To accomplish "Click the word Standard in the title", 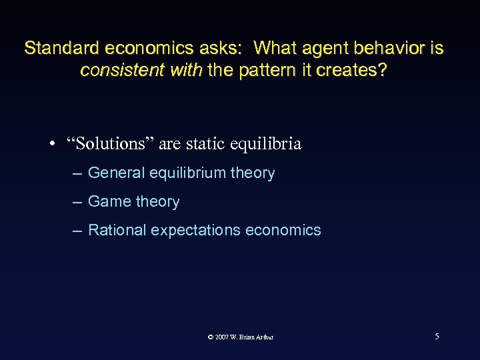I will (x=57, y=49).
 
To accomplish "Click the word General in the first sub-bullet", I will (x=116, y=173).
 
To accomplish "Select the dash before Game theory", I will (x=78, y=201).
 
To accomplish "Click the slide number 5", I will (x=437, y=336).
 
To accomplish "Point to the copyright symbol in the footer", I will (x=211, y=337).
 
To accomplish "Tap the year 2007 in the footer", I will (x=221, y=337).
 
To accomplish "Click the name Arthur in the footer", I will (x=263, y=337).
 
